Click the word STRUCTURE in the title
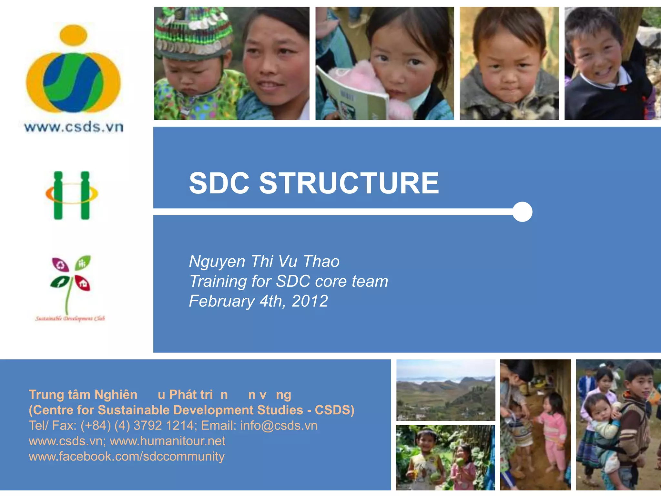(x=349, y=183)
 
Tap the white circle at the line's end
(x=522, y=212)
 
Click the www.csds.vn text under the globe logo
(x=74, y=127)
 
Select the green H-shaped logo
(x=72, y=195)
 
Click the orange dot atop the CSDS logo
(x=74, y=35)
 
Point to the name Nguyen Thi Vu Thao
(x=264, y=261)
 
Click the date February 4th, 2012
(x=258, y=301)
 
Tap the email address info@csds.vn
(x=279, y=426)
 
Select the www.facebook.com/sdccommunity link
(x=127, y=456)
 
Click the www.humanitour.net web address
(x=168, y=441)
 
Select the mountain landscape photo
(x=446, y=390)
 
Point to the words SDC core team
(x=332, y=281)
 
